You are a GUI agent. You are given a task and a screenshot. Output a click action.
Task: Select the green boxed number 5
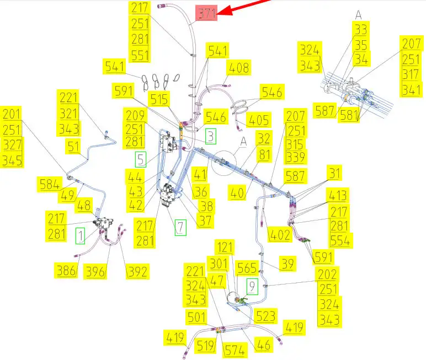[x=142, y=160]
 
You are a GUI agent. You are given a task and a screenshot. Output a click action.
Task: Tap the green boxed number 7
[x=180, y=227]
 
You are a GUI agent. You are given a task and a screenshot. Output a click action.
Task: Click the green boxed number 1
[x=81, y=235]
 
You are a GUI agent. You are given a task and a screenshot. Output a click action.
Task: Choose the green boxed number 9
[x=252, y=286]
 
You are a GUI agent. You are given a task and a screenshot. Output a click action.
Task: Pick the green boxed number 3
[x=211, y=136]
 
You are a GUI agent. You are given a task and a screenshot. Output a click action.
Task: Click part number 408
[x=239, y=68]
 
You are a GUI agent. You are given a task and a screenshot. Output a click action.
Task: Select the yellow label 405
[x=259, y=120]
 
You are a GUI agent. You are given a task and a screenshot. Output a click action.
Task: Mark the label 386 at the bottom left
[x=66, y=270]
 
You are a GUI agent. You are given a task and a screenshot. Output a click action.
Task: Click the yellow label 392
[x=137, y=271]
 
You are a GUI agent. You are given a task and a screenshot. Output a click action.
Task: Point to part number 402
[x=280, y=235]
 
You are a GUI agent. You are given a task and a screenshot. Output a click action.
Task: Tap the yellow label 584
[x=49, y=184]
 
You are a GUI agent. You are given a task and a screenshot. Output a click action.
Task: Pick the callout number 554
[x=340, y=241]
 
